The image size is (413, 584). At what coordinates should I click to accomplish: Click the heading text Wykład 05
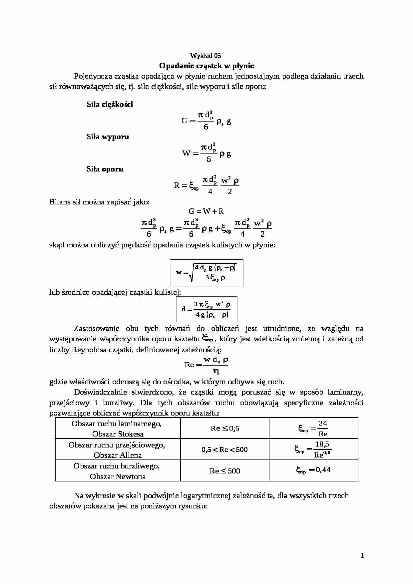point(206,56)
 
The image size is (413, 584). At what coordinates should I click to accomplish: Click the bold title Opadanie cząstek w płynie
point(206,66)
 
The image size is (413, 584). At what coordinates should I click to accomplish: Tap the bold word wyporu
point(115,137)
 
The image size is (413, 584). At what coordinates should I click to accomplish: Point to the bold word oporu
point(113,169)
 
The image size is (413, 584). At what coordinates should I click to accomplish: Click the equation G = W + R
point(206,211)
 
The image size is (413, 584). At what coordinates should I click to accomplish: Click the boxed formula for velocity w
point(206,273)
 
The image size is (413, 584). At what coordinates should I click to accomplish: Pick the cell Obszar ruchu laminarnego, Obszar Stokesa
point(118,429)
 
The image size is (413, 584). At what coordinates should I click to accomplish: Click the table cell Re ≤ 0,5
point(225,429)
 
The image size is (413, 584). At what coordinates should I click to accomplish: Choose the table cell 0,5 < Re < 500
point(225,449)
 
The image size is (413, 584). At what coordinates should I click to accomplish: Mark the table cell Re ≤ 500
point(225,471)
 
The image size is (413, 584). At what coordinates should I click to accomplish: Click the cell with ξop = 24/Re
point(313,429)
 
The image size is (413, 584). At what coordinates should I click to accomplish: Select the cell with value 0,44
point(313,470)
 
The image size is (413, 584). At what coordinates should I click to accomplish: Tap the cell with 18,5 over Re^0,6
point(313,449)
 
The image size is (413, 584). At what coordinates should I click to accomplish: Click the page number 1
point(362,555)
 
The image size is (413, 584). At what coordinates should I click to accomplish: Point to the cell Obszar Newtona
point(118,476)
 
